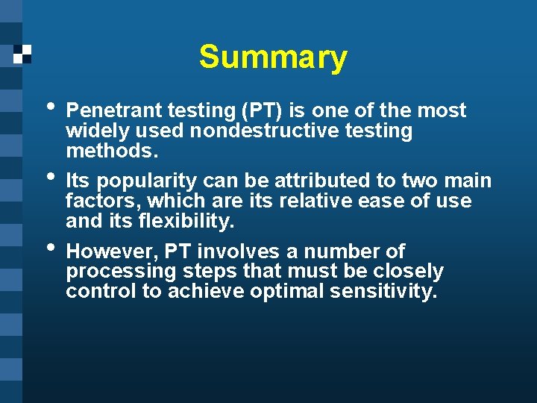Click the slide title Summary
click(x=273, y=57)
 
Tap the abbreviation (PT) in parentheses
click(x=261, y=110)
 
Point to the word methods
click(x=112, y=151)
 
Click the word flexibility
click(x=180, y=221)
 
